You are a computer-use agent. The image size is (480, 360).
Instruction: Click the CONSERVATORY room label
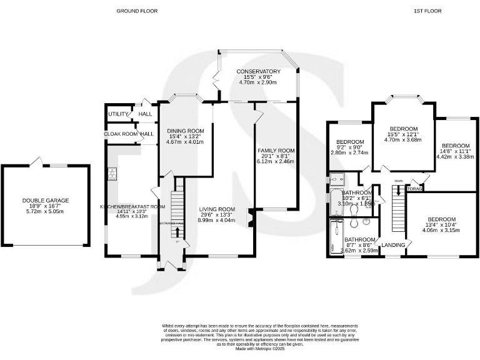tap(258, 71)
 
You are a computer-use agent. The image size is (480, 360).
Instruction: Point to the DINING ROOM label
tap(186, 129)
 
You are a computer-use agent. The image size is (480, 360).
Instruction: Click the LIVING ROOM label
tap(217, 209)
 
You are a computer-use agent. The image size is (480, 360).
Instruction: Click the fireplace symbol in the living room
tap(251, 217)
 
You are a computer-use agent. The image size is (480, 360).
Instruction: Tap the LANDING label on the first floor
tap(393, 244)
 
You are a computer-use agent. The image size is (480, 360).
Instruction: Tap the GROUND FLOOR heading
tap(136, 11)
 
